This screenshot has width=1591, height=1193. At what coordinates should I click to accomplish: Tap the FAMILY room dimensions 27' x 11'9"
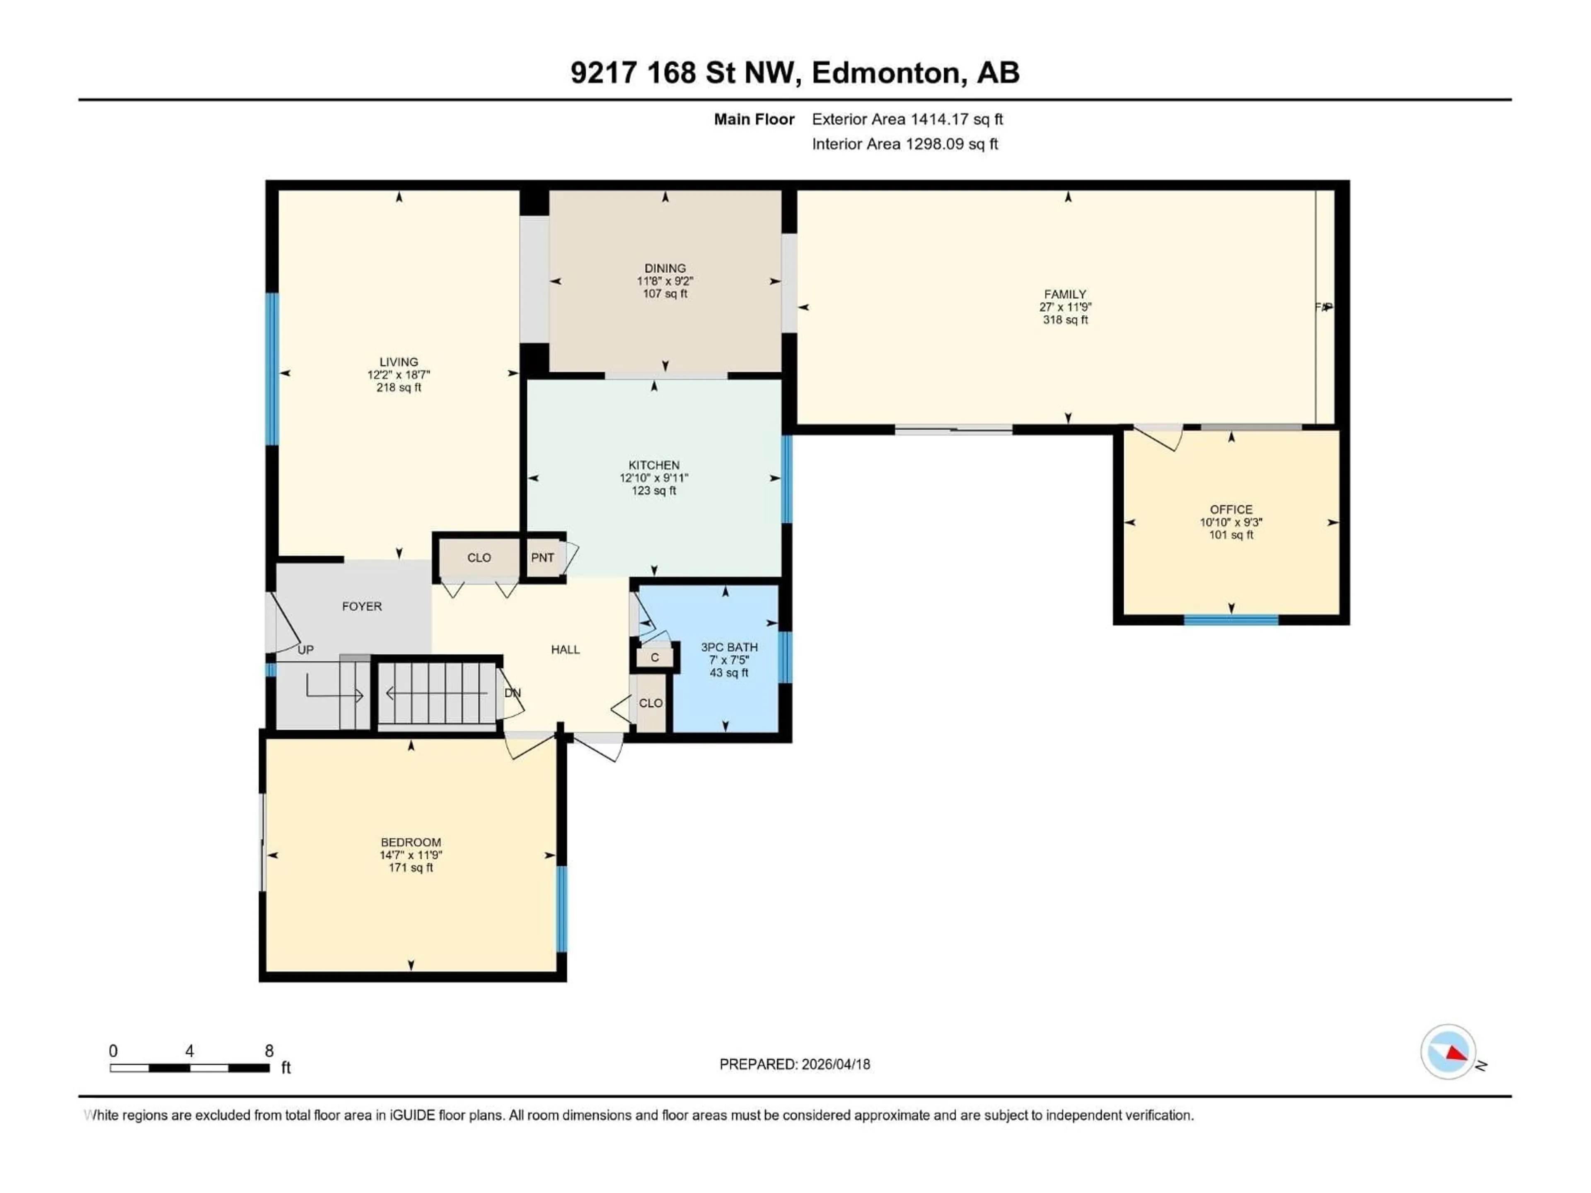[x=1065, y=307]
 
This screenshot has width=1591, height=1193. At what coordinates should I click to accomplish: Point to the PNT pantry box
[x=543, y=557]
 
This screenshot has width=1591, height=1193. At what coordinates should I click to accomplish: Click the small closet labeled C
[x=655, y=657]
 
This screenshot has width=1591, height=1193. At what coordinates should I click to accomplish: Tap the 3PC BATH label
[x=729, y=647]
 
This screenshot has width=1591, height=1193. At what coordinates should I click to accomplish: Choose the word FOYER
[x=362, y=606]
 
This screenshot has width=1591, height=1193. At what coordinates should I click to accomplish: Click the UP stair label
[x=306, y=650]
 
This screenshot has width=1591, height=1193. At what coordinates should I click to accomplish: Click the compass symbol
[x=1448, y=1052]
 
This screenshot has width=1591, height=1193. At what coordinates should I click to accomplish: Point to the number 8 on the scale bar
[x=269, y=1051]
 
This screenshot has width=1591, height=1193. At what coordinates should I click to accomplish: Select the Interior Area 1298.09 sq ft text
[x=905, y=144]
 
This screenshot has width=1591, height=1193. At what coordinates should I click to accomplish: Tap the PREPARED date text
[x=794, y=1064]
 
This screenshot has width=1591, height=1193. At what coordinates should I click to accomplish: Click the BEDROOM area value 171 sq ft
[x=411, y=868]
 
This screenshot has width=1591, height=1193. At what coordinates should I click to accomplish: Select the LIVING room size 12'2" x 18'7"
[x=399, y=374]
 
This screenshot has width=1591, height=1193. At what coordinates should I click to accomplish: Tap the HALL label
[x=565, y=650]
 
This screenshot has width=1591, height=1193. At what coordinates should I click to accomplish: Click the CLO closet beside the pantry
[x=479, y=557]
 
